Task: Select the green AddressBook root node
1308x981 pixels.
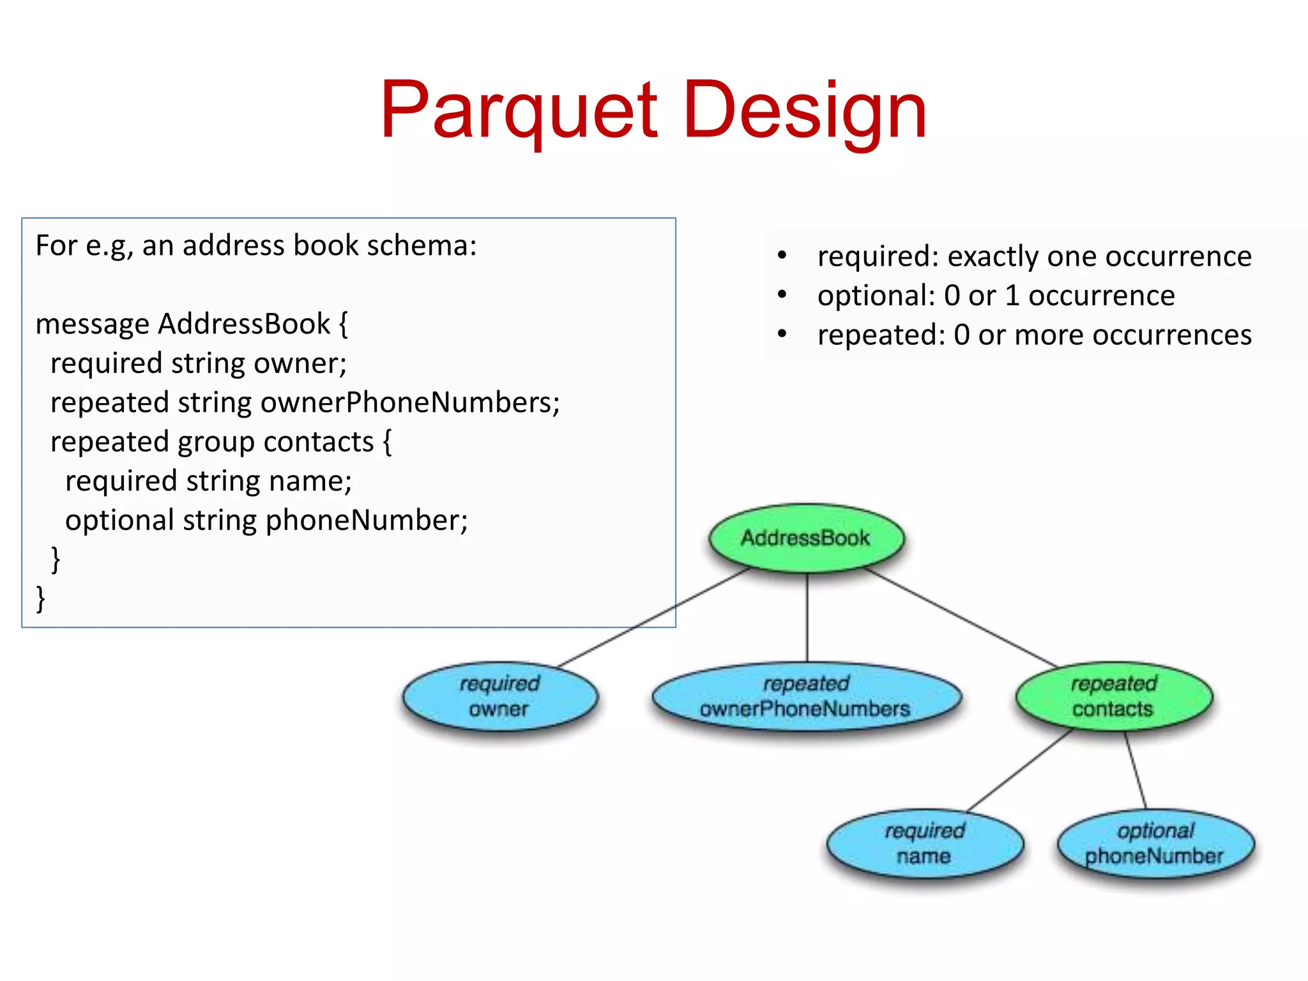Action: [x=806, y=538]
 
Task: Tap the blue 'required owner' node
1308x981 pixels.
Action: [x=499, y=696]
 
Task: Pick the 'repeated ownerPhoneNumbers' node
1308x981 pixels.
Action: [x=806, y=696]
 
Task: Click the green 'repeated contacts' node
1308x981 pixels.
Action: [x=1113, y=696]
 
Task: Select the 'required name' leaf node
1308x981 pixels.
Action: [x=924, y=844]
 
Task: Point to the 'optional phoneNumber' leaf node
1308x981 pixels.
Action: [x=1155, y=844]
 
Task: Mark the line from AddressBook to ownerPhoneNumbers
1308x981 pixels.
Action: [x=807, y=616]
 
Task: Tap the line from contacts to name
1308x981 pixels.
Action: [x=1020, y=771]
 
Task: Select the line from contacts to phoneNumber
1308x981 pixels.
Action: [x=1136, y=771]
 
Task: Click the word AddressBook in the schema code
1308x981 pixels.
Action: [x=244, y=324]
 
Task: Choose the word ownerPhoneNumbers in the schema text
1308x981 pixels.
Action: [x=409, y=403]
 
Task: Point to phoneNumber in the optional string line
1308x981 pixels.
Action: [x=366, y=521]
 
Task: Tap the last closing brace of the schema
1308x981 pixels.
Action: [x=41, y=599]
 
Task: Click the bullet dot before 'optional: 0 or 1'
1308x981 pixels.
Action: [x=782, y=295]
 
